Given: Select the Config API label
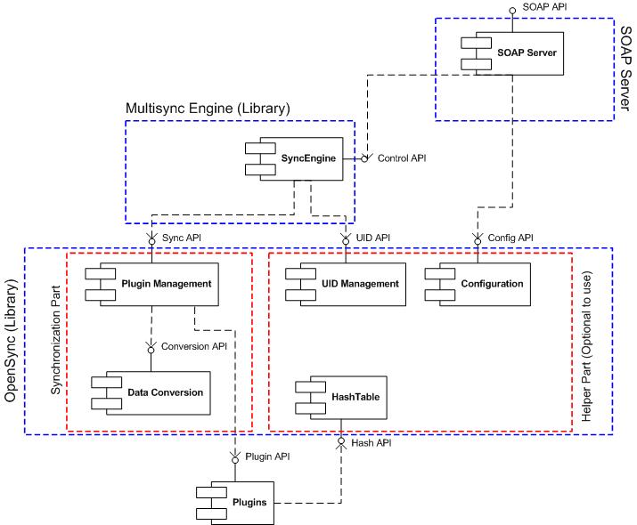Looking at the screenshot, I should (511, 238).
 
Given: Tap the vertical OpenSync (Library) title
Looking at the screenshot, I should (12, 340).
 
